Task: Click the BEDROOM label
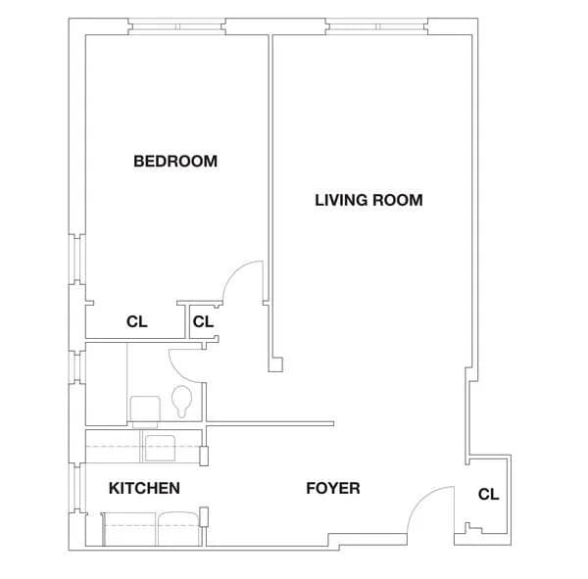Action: pyautogui.click(x=174, y=161)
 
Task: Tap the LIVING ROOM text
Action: pyautogui.click(x=367, y=200)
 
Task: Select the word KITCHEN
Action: pyautogui.click(x=143, y=488)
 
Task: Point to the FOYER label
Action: pyautogui.click(x=332, y=488)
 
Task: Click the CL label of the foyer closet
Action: pyautogui.click(x=488, y=495)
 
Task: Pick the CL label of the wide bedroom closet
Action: pyautogui.click(x=137, y=321)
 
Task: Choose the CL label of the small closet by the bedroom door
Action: pyautogui.click(x=203, y=321)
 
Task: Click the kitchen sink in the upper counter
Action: pyautogui.click(x=159, y=447)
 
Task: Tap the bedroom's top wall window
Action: pyautogui.click(x=177, y=24)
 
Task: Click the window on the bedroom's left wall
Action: pyautogui.click(x=74, y=260)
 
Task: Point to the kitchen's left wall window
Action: pyautogui.click(x=74, y=488)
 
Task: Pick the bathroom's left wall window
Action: pyautogui.click(x=74, y=367)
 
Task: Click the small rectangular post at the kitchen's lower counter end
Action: pyautogui.click(x=204, y=517)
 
